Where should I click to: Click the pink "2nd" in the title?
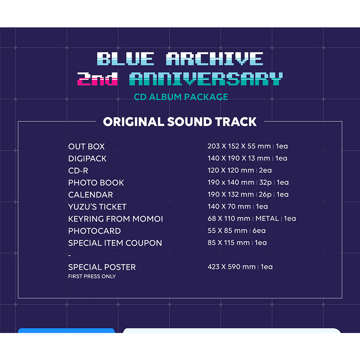pos(97,79)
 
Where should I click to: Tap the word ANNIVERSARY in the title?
pos(206,79)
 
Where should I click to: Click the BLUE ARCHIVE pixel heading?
pos(180,59)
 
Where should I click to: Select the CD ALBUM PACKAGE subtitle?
pos(181,97)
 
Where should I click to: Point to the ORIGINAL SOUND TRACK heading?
pos(180,122)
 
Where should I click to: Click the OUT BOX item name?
pos(86,147)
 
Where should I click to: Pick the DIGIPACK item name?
pos(87,158)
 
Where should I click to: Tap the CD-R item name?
pos(78,171)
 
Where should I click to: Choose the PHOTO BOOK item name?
pos(96,183)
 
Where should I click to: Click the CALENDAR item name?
pos(90,195)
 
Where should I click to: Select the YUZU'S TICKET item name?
pos(97,207)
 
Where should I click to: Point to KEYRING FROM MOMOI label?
pos(116,219)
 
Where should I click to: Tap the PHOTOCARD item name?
pos(94,231)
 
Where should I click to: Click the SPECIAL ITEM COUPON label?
pos(115,243)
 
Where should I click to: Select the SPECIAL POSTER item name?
pos(102,267)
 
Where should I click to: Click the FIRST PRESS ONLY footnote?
pos(92,276)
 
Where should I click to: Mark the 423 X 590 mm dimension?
pos(231,267)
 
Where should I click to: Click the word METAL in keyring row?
pos(267,219)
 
